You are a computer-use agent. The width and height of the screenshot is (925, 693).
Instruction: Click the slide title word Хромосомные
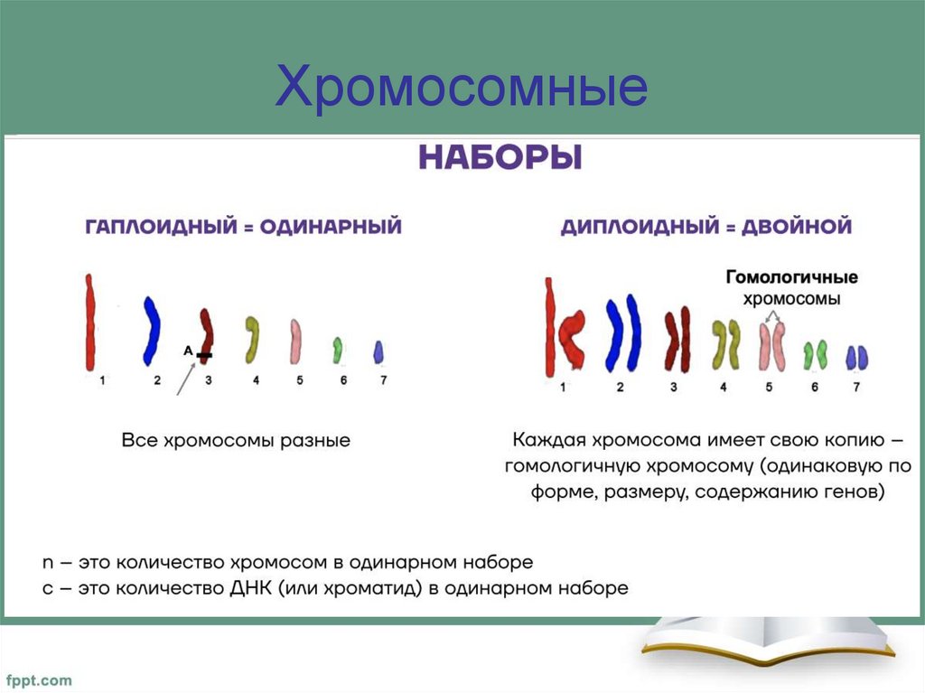(x=462, y=88)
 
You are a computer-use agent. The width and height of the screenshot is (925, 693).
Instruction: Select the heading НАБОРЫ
(x=500, y=159)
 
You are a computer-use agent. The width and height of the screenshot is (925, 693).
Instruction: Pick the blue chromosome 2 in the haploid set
(x=151, y=330)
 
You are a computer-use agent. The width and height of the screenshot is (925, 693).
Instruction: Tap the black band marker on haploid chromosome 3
(x=204, y=355)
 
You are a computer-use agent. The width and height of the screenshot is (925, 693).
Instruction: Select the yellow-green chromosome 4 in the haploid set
(x=253, y=337)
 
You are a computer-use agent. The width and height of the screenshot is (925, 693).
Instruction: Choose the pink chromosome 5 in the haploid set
(x=295, y=341)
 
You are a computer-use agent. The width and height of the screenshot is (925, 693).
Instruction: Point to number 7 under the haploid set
(x=383, y=380)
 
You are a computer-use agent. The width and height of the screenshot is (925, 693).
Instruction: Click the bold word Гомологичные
(x=791, y=277)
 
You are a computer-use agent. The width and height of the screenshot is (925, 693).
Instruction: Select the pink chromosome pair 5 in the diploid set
(x=771, y=346)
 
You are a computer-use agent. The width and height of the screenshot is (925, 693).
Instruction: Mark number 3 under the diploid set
(x=673, y=387)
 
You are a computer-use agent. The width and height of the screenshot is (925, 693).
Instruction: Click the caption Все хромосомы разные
(x=236, y=441)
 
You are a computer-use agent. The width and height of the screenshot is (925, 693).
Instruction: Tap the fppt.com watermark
(x=40, y=679)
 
